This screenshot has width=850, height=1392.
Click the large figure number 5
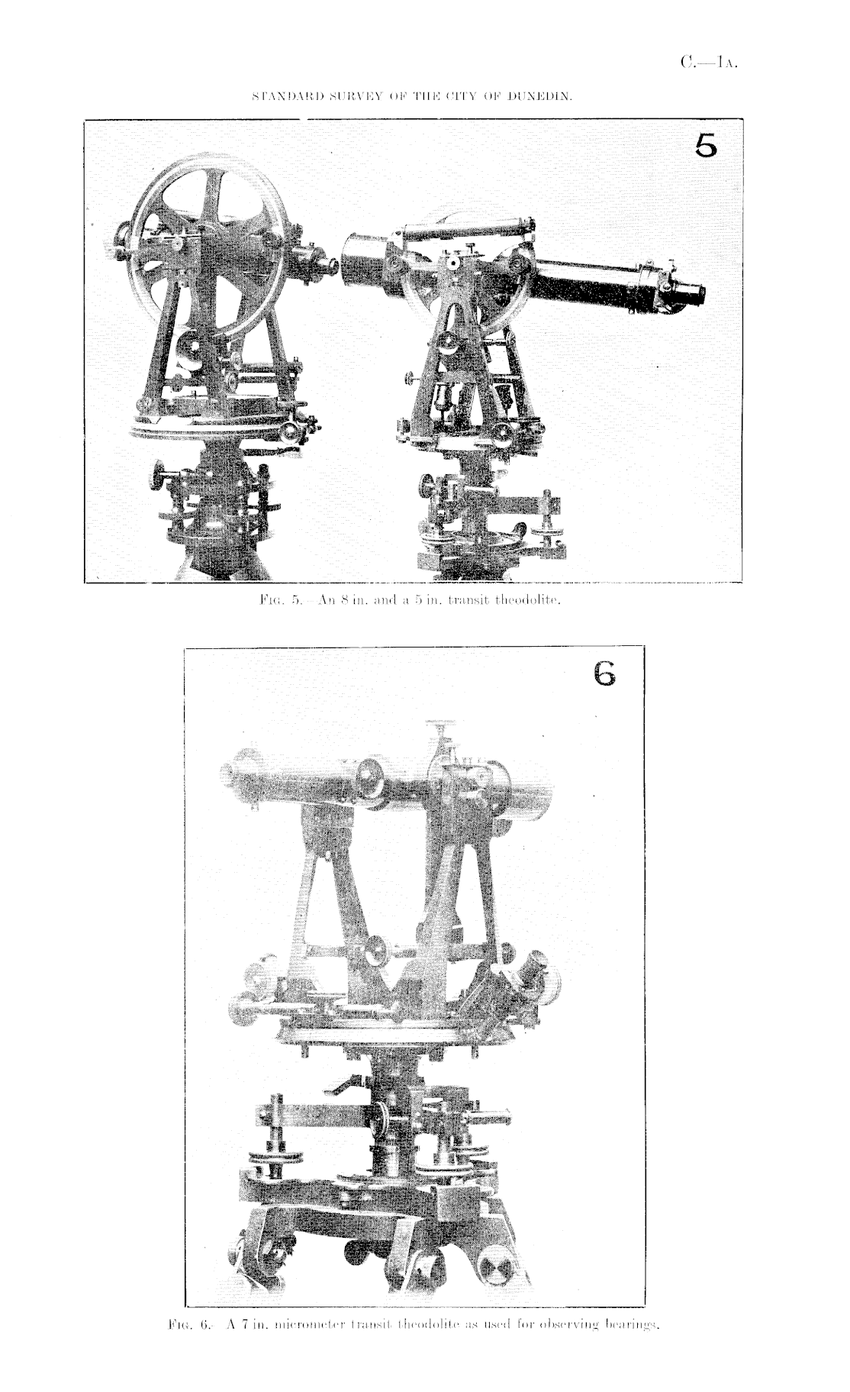point(705,145)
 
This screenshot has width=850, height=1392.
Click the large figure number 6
point(602,673)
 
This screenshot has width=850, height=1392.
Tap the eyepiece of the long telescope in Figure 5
point(692,292)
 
